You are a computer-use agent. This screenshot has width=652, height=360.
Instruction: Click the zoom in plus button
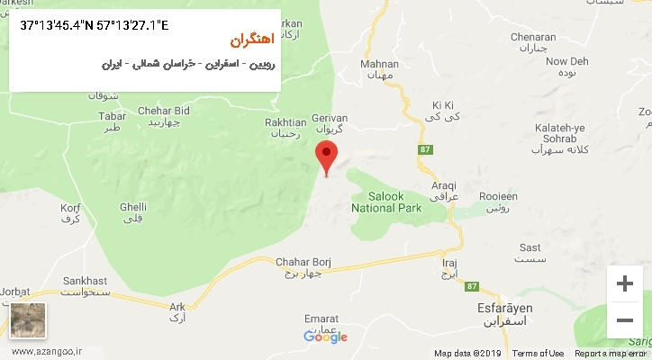[x=624, y=283]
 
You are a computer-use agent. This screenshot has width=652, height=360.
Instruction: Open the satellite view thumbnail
[x=27, y=320]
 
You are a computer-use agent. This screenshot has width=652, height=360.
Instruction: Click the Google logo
[x=325, y=337]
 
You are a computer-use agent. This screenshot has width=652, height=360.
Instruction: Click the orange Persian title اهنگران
[x=249, y=41]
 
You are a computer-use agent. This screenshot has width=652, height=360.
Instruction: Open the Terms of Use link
[x=539, y=353]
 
